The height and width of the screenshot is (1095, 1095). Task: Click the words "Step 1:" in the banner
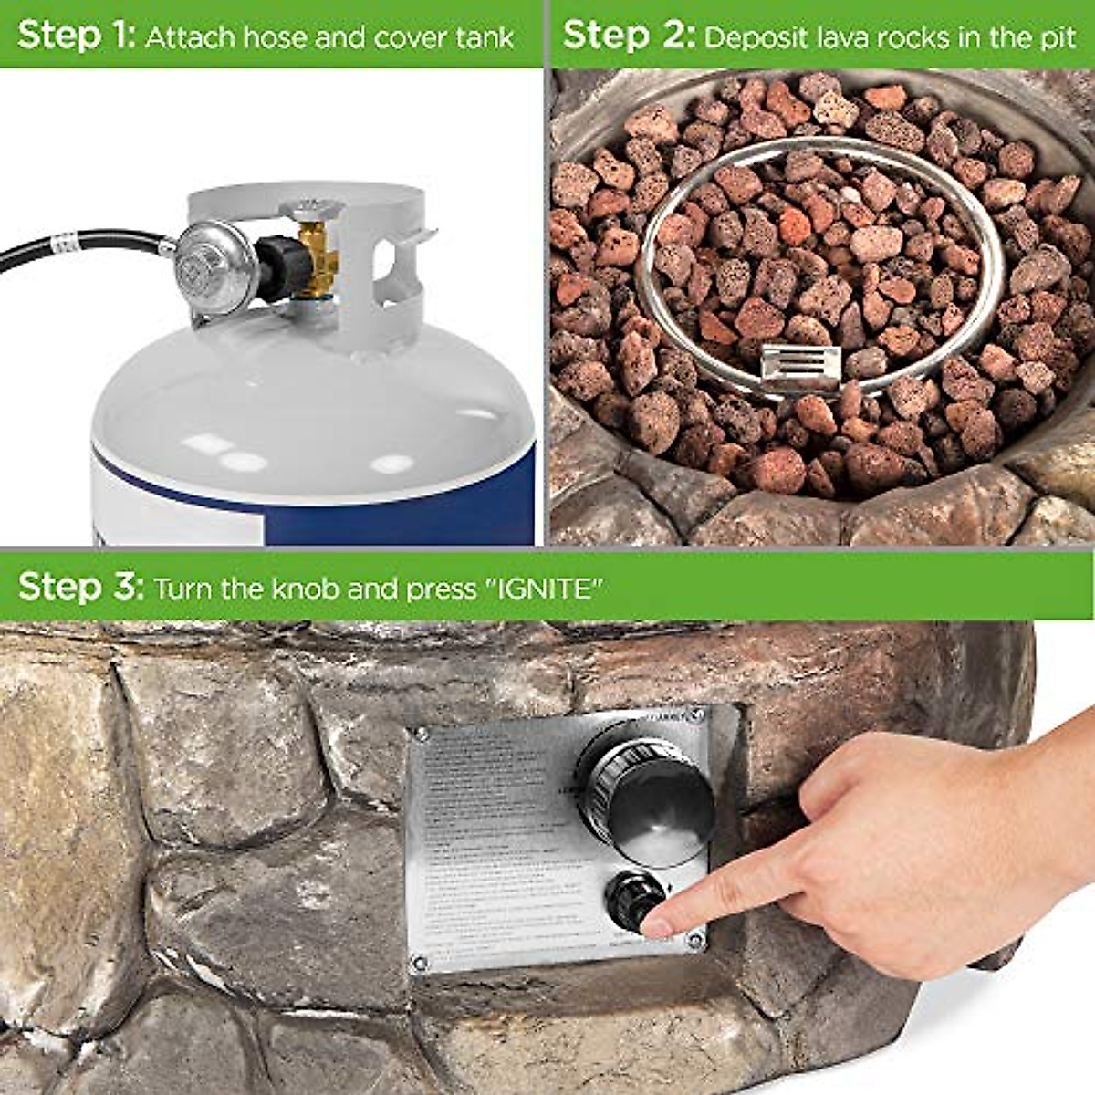(x=76, y=36)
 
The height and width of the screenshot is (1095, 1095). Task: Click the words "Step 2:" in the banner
(x=629, y=36)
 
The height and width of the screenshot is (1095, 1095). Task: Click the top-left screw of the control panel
(x=421, y=734)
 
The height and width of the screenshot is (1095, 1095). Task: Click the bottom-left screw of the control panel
(x=421, y=962)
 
